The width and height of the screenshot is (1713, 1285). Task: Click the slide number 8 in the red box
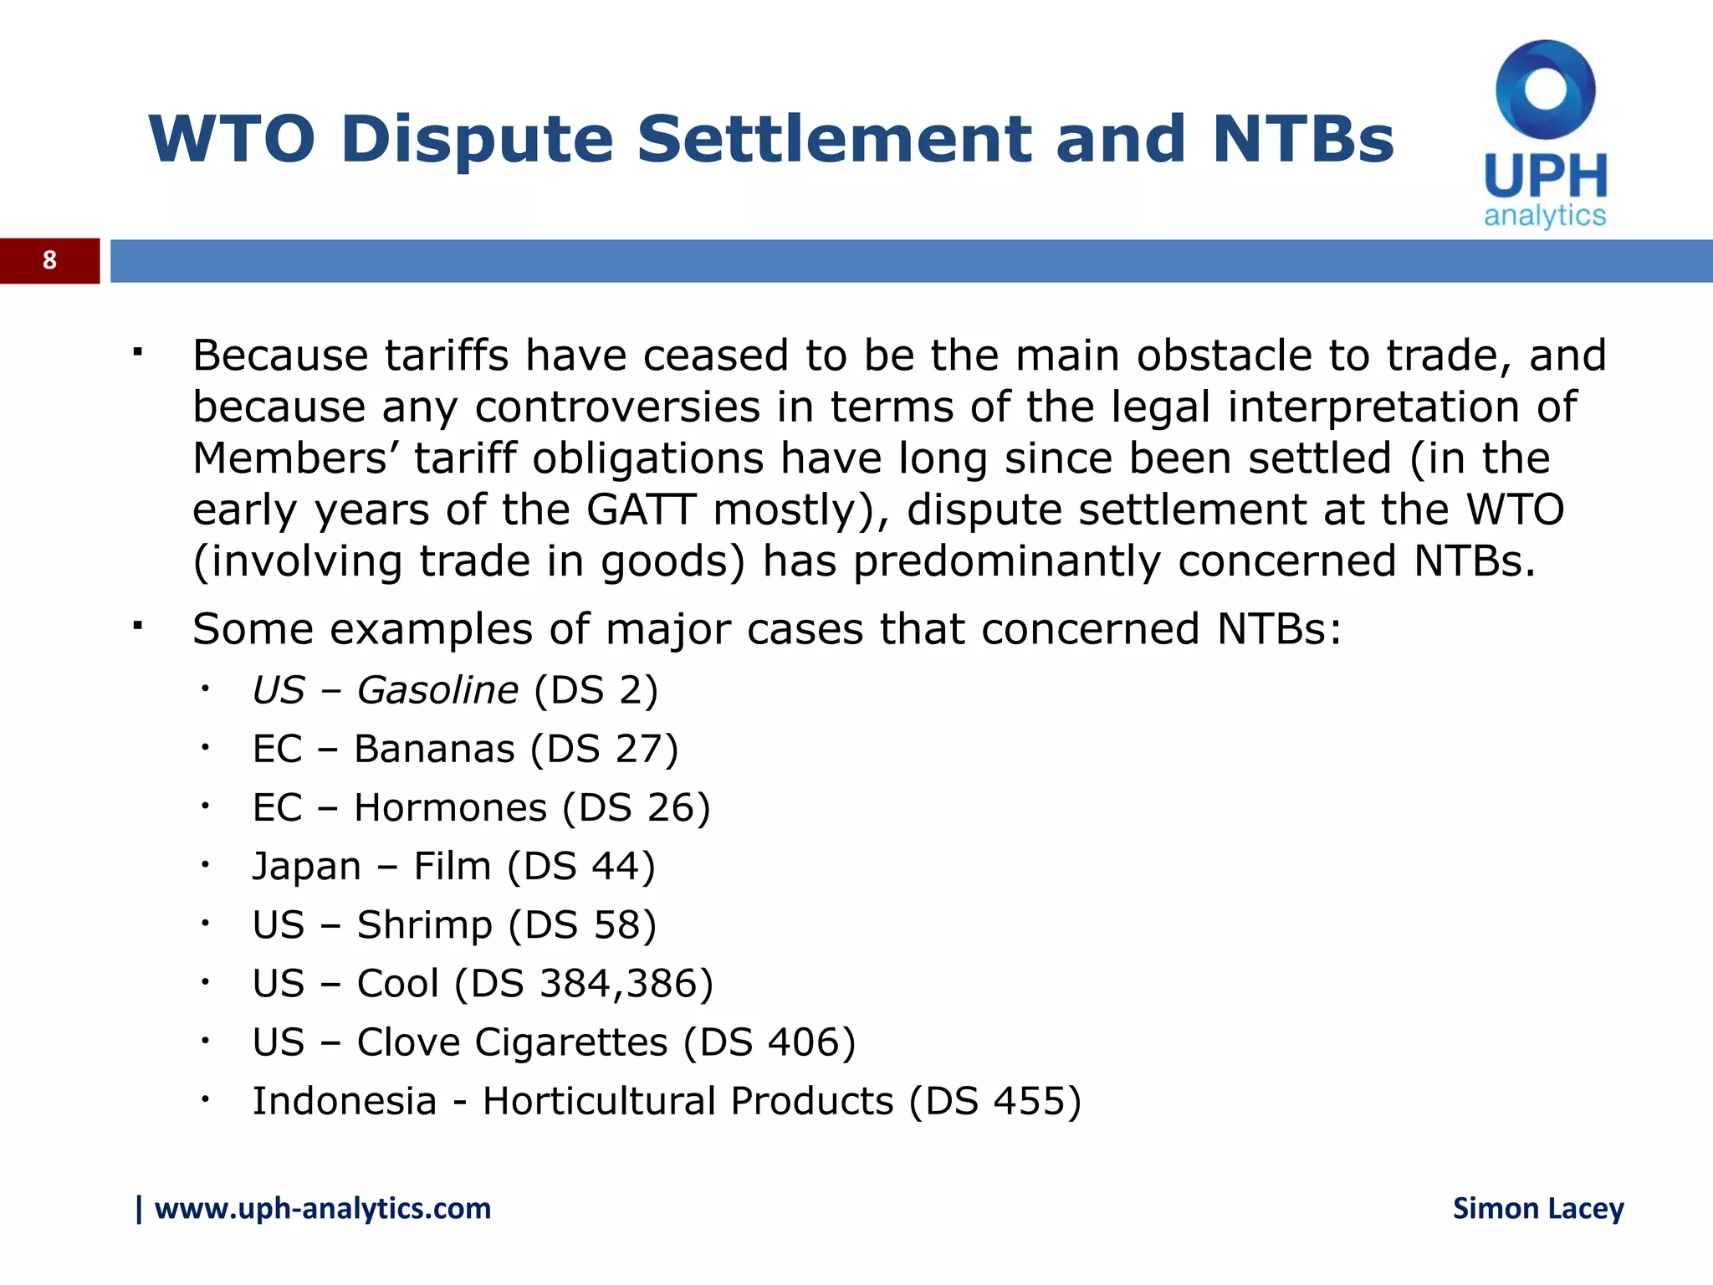pyautogui.click(x=49, y=260)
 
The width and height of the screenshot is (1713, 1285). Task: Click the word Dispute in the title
pyautogui.click(x=477, y=140)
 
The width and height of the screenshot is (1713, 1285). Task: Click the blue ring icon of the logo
pyautogui.click(x=1545, y=90)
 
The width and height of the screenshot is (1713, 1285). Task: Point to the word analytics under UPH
pyautogui.click(x=1544, y=215)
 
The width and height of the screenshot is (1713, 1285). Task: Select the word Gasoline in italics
pyautogui.click(x=437, y=691)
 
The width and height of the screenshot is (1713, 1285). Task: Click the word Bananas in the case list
pyautogui.click(x=434, y=750)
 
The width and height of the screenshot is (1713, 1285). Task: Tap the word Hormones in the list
pyautogui.click(x=450, y=808)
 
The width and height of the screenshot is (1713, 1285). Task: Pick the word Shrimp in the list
pyautogui.click(x=424, y=925)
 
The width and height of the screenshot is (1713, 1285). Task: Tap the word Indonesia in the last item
pyautogui.click(x=345, y=1102)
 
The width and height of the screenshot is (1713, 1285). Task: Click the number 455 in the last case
pyautogui.click(x=1028, y=1102)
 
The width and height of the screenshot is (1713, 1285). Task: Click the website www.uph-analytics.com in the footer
pyautogui.click(x=322, y=1209)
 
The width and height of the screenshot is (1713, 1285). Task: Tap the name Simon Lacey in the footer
pyautogui.click(x=1537, y=1209)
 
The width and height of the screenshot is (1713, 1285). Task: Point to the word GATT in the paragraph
pyautogui.click(x=641, y=509)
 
